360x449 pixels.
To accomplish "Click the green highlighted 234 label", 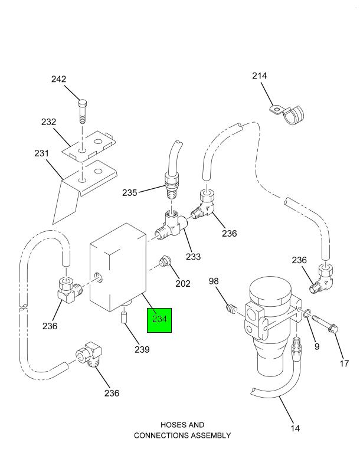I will pos(159,320).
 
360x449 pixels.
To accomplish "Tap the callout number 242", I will pos(75,80).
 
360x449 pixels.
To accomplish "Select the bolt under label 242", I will pos(83,112).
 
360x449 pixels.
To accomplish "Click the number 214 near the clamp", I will pos(259,76).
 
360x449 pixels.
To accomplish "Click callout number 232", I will pos(48,122).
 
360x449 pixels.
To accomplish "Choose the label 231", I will pos(41,153).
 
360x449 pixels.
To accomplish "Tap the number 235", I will pos(130,192).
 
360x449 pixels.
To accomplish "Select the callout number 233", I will pos(193,257).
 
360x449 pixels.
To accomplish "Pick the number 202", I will pos(182,284).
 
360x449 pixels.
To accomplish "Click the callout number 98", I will pos(214,281).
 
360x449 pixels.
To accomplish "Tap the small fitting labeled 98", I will pos(231,308).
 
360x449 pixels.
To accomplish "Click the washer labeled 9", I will pos(306,315).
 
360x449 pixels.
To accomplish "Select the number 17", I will pos(344,363).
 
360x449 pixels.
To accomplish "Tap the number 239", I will pos(141,349).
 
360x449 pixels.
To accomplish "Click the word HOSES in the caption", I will pos(174,425).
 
